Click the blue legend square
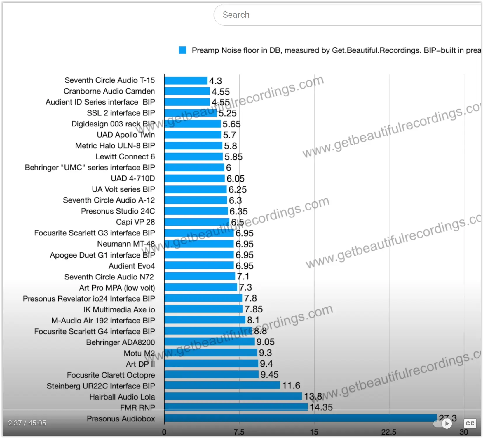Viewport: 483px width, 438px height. click(182, 50)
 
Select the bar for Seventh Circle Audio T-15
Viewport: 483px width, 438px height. click(186, 80)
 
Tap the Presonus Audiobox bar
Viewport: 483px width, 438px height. click(301, 418)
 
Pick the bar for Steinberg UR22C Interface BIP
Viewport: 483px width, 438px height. click(222, 385)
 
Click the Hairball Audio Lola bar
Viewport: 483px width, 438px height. click(233, 396)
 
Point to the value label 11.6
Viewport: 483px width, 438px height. click(291, 386)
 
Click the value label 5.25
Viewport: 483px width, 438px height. click(228, 113)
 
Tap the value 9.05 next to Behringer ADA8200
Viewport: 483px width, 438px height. click(265, 342)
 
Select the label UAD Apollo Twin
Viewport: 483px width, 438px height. click(126, 135)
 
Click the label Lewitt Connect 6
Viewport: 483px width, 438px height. click(125, 157)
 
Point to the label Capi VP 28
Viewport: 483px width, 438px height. click(135, 222)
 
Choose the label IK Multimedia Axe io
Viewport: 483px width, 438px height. click(119, 309)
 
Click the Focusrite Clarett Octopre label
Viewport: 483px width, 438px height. click(111, 375)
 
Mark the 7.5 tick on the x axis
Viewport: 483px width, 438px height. click(239, 432)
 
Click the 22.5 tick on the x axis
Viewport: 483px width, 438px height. click(389, 432)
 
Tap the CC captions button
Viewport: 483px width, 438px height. click(470, 423)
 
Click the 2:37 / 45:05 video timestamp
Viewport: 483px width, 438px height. click(27, 423)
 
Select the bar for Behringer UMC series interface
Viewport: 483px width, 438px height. click(194, 168)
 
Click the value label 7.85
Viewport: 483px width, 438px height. click(254, 309)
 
